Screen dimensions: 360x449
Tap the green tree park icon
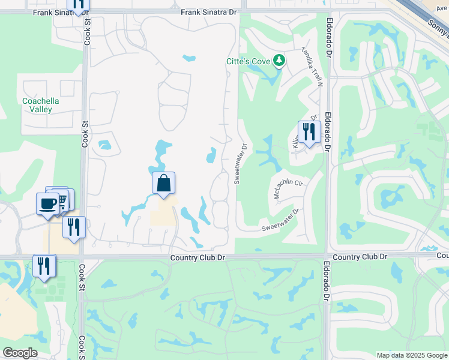[x=279, y=61]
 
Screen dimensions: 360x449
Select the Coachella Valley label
[x=41, y=105]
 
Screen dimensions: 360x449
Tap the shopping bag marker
[x=163, y=183]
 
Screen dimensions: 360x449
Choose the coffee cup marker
[x=48, y=203]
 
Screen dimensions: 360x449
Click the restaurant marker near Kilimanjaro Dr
[x=309, y=132]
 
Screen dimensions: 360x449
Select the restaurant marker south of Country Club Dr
[x=44, y=266]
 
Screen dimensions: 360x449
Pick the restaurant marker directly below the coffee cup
[x=74, y=227]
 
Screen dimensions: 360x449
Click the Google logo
[x=20, y=353]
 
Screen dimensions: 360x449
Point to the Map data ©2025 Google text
[x=412, y=355]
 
